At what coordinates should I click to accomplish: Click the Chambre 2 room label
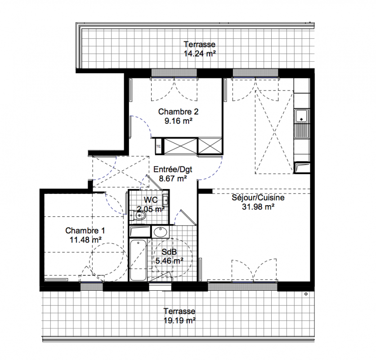point(178,112)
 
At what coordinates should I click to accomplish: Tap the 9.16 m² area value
point(178,121)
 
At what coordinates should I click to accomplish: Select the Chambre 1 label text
point(85,231)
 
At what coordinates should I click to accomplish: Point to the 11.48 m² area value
point(85,240)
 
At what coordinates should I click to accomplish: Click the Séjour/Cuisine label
point(258,198)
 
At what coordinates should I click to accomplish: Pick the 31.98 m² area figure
point(258,207)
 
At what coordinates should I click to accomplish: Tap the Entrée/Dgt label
point(173,170)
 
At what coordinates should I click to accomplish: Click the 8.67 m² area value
point(173,179)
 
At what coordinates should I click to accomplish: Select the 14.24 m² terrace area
point(200,53)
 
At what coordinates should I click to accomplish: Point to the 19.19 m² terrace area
point(179,320)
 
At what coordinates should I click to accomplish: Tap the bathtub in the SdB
point(138,260)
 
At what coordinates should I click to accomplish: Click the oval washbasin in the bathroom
point(161,232)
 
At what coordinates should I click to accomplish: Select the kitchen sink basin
point(301,116)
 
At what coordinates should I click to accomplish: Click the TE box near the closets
point(158,146)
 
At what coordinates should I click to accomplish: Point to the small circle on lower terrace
point(306,294)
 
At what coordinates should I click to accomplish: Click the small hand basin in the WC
point(166,199)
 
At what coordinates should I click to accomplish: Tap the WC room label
point(151,200)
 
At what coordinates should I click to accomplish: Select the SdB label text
point(169,252)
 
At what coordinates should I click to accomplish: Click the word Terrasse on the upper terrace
point(200,45)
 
